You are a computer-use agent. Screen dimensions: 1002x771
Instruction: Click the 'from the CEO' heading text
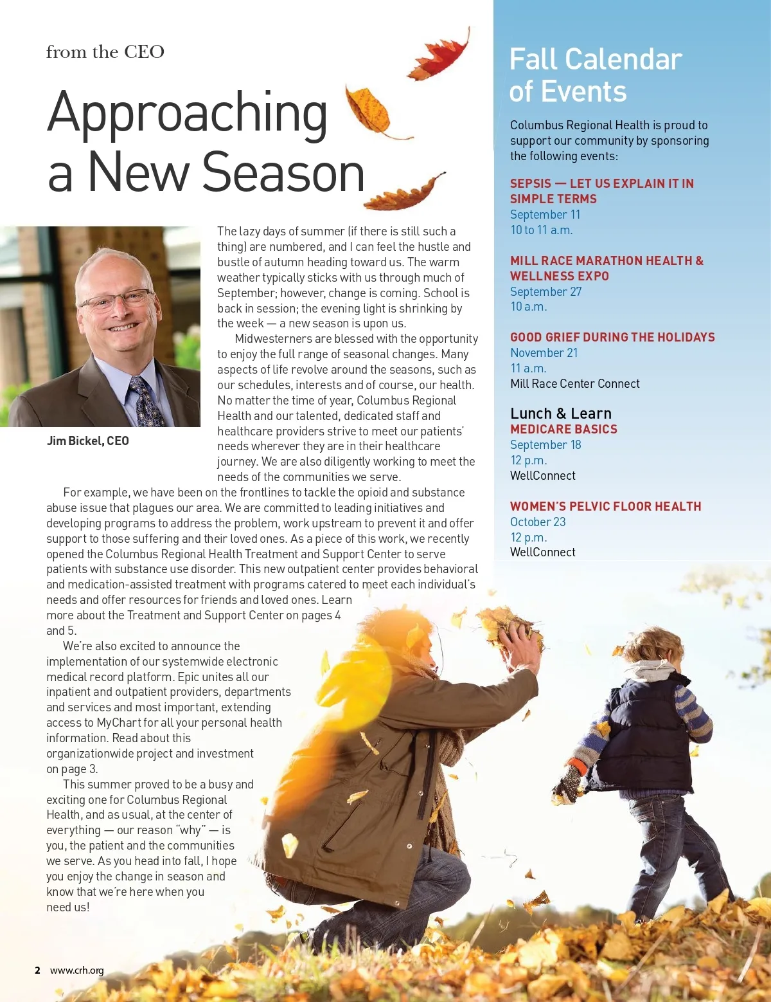[x=105, y=52]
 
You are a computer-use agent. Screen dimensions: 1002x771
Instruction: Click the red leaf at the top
[x=443, y=55]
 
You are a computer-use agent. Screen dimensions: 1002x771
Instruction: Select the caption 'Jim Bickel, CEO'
[x=88, y=441]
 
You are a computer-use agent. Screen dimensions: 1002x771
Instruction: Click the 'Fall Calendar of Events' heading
[x=595, y=75]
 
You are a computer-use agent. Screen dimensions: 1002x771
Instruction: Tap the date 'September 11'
[x=545, y=215]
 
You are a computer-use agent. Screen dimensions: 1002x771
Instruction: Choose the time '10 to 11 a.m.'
[x=541, y=230]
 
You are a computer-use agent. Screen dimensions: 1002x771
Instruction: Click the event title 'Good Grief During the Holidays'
[x=612, y=338]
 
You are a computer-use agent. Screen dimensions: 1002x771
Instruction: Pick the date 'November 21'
[x=544, y=353]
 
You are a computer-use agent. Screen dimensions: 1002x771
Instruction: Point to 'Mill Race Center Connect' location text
[x=575, y=384]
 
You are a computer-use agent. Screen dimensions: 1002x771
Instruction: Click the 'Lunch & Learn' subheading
[x=561, y=414]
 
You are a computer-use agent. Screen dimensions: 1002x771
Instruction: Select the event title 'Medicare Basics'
[x=563, y=430]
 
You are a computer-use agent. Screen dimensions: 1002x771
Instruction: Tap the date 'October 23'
[x=538, y=522]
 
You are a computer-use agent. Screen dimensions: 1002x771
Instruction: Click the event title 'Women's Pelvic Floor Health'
[x=605, y=507]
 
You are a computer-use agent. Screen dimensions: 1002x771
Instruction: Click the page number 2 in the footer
[x=37, y=970]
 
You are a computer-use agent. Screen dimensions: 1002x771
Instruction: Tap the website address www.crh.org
[x=77, y=970]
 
